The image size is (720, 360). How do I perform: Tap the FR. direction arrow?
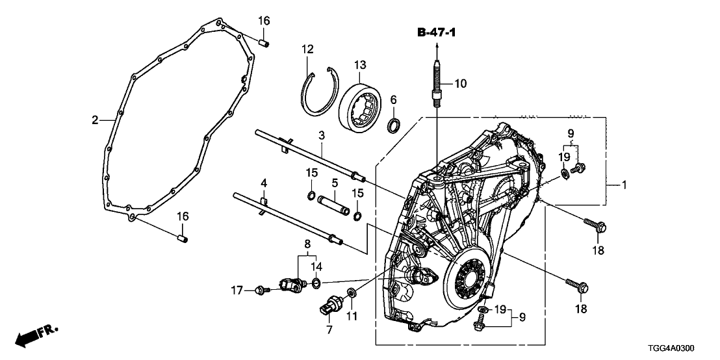[x=36, y=336]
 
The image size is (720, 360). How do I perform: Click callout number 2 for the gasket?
[x=94, y=120]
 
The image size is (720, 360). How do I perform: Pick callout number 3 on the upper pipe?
[x=321, y=135]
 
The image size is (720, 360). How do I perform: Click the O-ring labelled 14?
[x=316, y=282]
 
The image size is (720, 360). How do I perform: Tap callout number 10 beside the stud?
[x=460, y=83]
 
